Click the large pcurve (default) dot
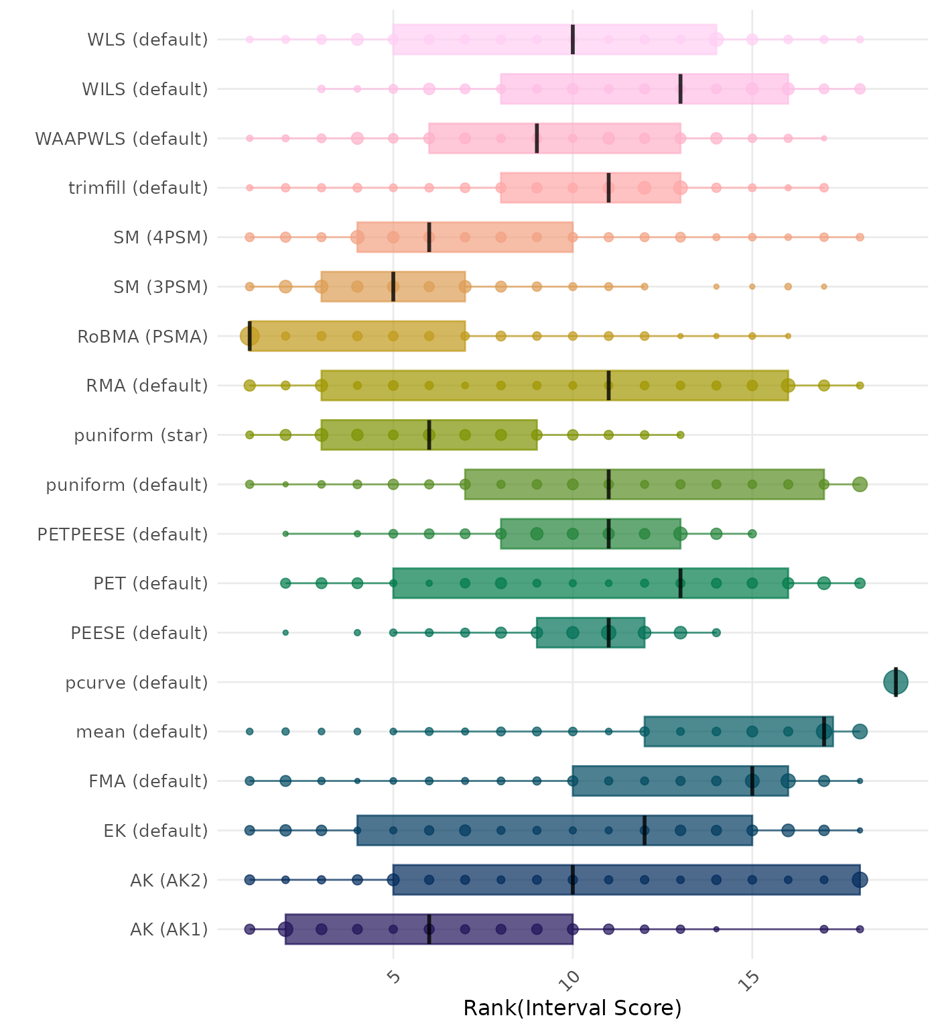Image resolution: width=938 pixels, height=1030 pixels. pos(895,683)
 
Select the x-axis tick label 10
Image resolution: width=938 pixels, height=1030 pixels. pos(572,980)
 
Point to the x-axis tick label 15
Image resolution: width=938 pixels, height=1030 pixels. pos(750,980)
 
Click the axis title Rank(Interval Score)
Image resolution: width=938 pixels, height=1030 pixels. pos(572,1008)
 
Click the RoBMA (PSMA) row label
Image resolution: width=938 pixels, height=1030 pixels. pos(142,337)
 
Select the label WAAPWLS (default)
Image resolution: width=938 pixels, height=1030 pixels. pos(121,139)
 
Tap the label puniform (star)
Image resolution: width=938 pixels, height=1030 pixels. pos(141,436)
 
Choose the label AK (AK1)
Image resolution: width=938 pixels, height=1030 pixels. pos(169,929)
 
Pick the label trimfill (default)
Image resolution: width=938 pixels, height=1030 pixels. pos(138,188)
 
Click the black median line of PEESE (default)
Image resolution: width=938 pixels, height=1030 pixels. pos(608,633)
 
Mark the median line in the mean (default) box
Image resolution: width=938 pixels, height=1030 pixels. pos(824,732)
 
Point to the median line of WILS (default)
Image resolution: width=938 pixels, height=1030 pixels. pos(680,89)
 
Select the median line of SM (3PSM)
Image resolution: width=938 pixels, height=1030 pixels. pos(393,287)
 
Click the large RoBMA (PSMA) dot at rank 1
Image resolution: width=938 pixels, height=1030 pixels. pos(249,336)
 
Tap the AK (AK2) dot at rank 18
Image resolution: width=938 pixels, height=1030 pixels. pos(860,880)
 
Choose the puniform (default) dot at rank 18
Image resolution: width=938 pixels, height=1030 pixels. pos(860,484)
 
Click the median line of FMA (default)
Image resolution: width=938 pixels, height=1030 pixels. pos(752,781)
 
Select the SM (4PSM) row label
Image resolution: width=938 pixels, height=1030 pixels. pos(161,237)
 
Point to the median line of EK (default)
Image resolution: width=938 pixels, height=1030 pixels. pos(645,830)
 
